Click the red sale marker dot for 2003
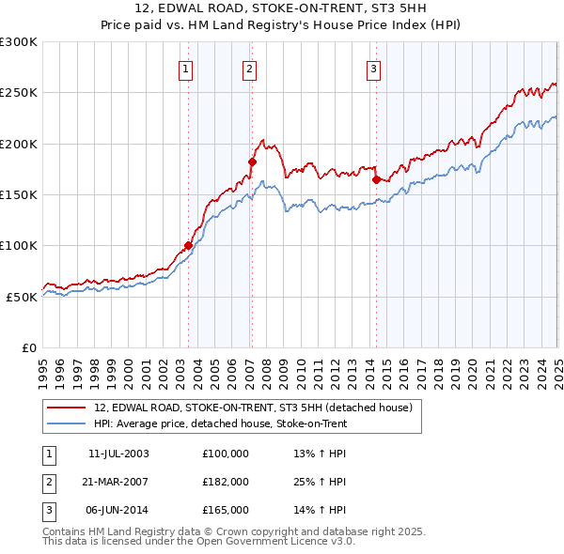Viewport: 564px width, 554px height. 188,246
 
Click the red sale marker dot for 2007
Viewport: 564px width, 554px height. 252,162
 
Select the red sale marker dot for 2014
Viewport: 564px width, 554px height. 376,179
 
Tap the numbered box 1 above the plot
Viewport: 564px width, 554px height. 185,68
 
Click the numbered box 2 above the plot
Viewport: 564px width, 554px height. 249,68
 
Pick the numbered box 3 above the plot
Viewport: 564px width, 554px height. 373,68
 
